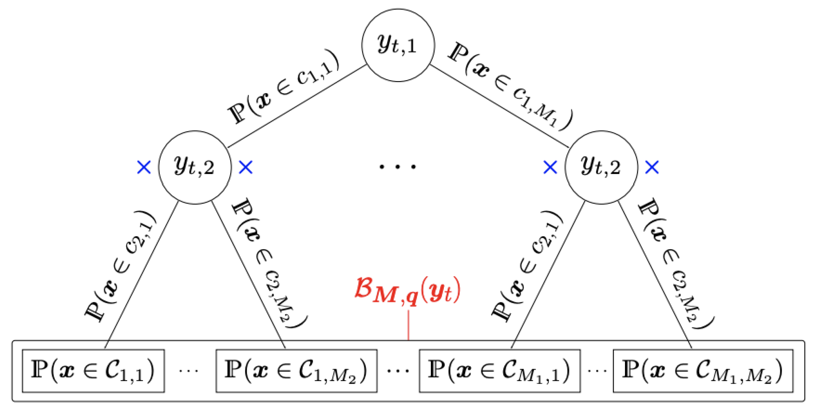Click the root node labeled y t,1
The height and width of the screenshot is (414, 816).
pyautogui.click(x=398, y=45)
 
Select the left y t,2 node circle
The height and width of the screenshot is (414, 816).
pyautogui.click(x=195, y=167)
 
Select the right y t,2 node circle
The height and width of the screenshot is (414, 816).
pyautogui.click(x=601, y=167)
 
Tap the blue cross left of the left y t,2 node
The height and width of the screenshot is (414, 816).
pyautogui.click(x=144, y=167)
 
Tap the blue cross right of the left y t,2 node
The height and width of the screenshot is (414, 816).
pyautogui.click(x=246, y=167)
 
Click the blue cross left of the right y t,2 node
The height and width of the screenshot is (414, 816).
pyautogui.click(x=550, y=167)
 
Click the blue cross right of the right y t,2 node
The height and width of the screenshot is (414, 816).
pyautogui.click(x=652, y=167)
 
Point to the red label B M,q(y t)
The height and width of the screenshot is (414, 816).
pyautogui.click(x=408, y=291)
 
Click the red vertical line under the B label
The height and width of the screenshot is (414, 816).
pyautogui.click(x=408, y=325)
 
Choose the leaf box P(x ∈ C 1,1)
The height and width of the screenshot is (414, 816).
pyautogui.click(x=93, y=371)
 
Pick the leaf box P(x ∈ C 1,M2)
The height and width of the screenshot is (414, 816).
pyautogui.click(x=296, y=371)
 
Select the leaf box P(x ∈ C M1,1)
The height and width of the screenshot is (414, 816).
pyautogui.click(x=500, y=371)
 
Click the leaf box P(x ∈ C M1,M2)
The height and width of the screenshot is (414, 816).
pyautogui.click(x=703, y=371)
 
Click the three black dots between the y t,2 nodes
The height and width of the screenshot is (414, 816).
pyautogui.click(x=398, y=167)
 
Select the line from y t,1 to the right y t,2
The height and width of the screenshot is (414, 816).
pyautogui.click(x=499, y=106)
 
